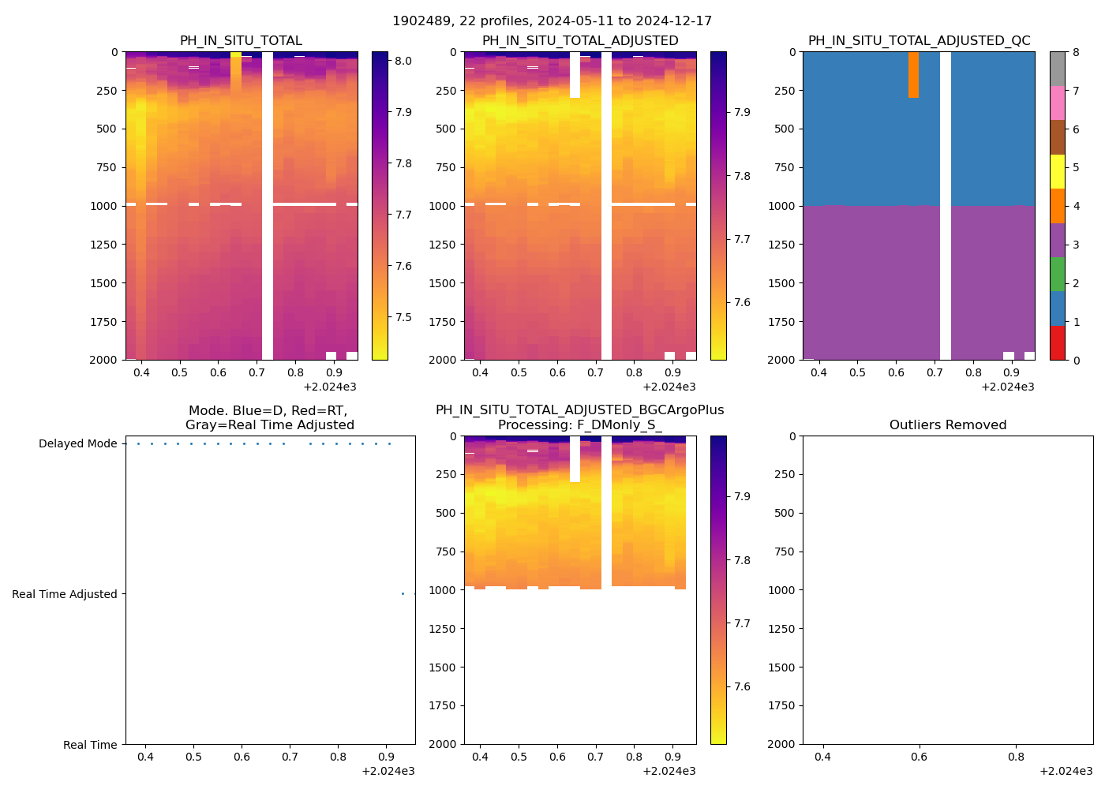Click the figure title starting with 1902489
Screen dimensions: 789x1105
point(552,21)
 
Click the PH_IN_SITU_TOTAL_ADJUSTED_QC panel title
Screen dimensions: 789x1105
point(919,41)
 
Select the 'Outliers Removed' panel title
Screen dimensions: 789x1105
point(947,425)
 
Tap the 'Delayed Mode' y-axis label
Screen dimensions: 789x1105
point(77,444)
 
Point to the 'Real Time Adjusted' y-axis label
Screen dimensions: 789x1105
point(64,595)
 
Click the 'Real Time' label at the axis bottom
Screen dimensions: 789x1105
point(90,745)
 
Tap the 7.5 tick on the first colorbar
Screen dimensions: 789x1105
point(403,318)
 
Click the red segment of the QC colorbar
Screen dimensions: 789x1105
point(1058,343)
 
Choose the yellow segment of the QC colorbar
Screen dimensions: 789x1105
point(1058,172)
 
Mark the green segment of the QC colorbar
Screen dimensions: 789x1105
point(1058,275)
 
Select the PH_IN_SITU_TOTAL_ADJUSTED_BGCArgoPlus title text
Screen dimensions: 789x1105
point(579,410)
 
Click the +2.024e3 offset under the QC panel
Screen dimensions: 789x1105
point(1008,387)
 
